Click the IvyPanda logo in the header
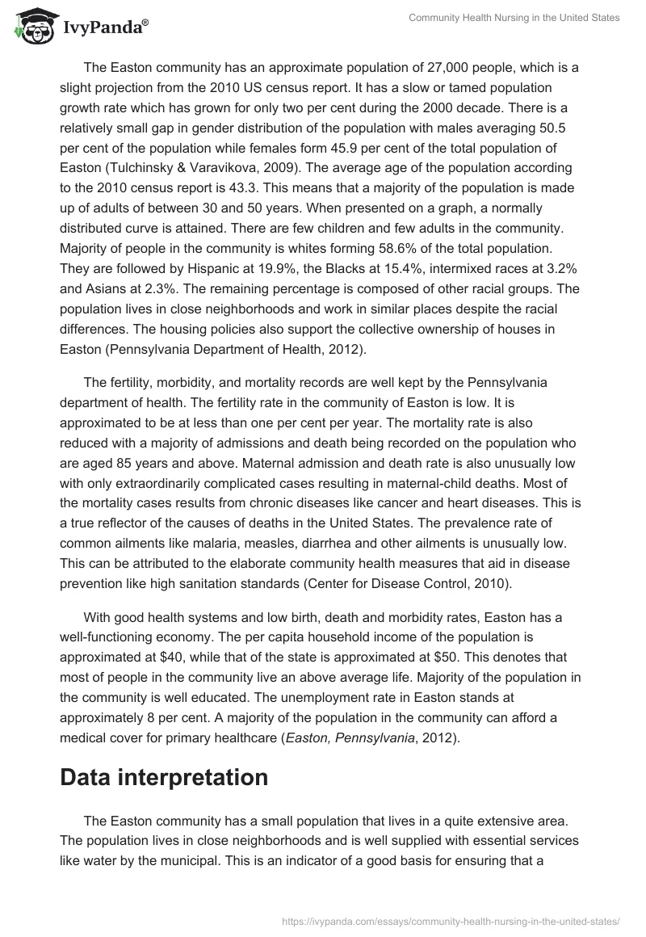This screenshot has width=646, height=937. [81, 26]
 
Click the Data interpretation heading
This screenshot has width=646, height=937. [164, 777]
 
